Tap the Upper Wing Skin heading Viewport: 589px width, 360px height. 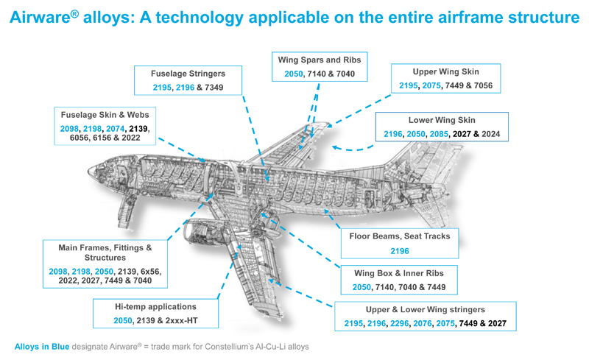(x=446, y=72)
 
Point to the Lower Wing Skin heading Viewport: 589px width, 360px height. (x=442, y=119)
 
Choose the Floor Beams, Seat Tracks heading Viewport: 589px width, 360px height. (x=399, y=237)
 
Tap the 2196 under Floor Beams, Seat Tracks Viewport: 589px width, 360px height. (x=399, y=252)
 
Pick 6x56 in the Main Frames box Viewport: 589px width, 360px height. (x=149, y=272)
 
